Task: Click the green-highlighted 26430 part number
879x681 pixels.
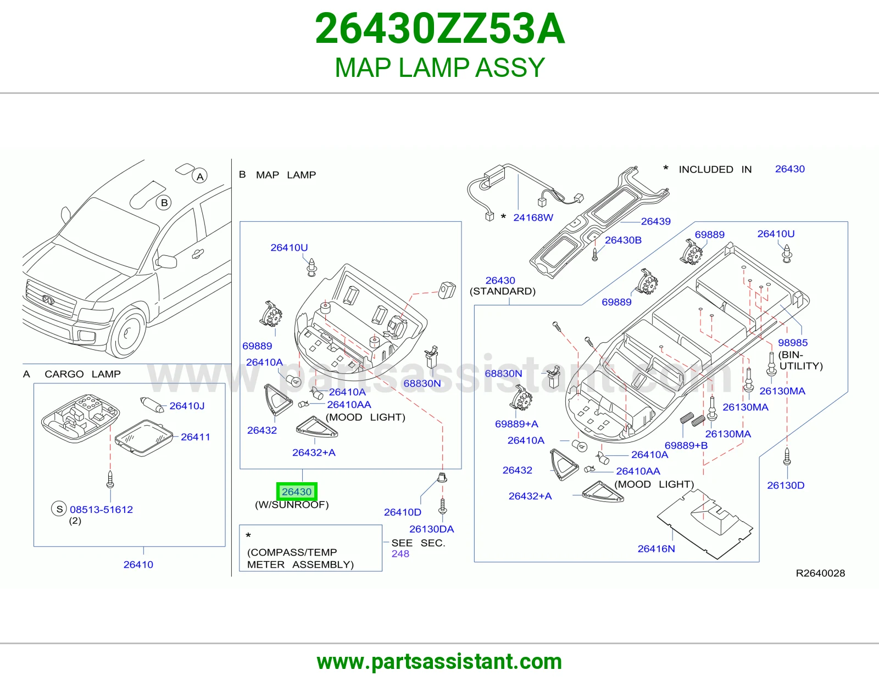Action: pyautogui.click(x=297, y=492)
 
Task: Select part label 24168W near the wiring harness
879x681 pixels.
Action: pyautogui.click(x=533, y=217)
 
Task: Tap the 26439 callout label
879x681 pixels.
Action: pyautogui.click(x=656, y=222)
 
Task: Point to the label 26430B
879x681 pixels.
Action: pyautogui.click(x=623, y=240)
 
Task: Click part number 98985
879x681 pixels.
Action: pyautogui.click(x=792, y=343)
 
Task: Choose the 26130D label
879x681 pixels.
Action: pyautogui.click(x=786, y=485)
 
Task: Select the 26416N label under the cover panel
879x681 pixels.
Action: pyautogui.click(x=656, y=549)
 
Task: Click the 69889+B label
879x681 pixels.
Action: pyautogui.click(x=686, y=445)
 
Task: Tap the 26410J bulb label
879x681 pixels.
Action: pyautogui.click(x=187, y=406)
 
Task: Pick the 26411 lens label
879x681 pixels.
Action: pyautogui.click(x=196, y=437)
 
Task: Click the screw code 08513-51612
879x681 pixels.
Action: pyautogui.click(x=101, y=510)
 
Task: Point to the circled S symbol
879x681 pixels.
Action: pyautogui.click(x=59, y=509)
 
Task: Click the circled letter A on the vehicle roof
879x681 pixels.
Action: pyautogui.click(x=200, y=176)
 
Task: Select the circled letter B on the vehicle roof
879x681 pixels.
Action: pyautogui.click(x=164, y=203)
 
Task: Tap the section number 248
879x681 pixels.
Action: pyautogui.click(x=400, y=554)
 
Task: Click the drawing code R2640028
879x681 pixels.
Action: pyautogui.click(x=820, y=573)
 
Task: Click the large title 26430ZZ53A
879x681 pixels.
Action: pyautogui.click(x=439, y=29)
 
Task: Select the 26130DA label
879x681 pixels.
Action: pyautogui.click(x=432, y=529)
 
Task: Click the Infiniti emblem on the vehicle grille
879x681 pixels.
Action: pyautogui.click(x=48, y=300)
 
